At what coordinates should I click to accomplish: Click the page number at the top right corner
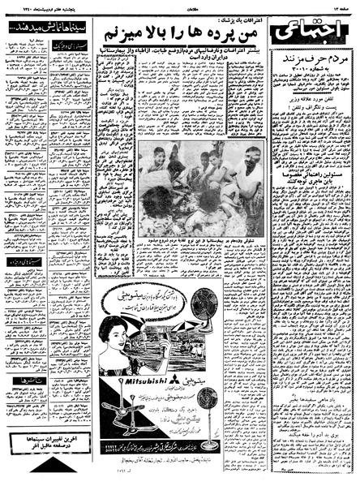point(341,6)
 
